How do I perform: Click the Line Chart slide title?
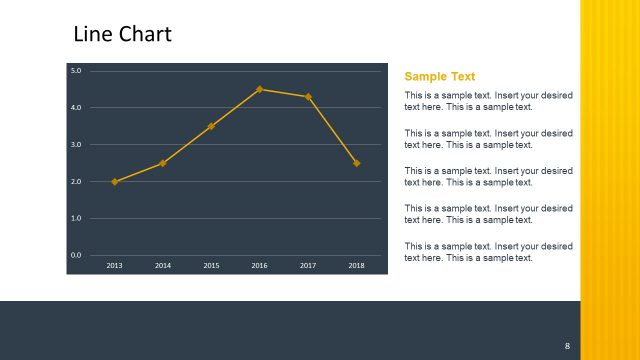(123, 34)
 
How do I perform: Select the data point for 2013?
(115, 181)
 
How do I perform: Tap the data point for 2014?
(163, 163)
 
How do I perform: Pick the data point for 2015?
(211, 126)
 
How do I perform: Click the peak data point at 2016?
(260, 89)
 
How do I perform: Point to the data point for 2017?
(308, 97)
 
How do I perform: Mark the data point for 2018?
(356, 163)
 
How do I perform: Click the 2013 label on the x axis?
(115, 265)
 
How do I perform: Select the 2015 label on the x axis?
(211, 265)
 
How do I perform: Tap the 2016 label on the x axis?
(260, 265)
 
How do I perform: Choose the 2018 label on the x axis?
(356, 265)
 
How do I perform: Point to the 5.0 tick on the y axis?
(76, 70)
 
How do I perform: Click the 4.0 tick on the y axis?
(76, 107)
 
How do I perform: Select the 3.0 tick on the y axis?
(76, 144)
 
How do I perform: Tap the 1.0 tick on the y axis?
(76, 218)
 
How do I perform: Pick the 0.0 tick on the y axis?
(76, 255)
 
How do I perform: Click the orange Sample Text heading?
(439, 76)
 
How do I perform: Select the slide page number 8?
(567, 346)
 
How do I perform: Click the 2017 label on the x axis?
(308, 265)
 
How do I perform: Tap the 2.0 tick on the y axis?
(76, 181)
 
